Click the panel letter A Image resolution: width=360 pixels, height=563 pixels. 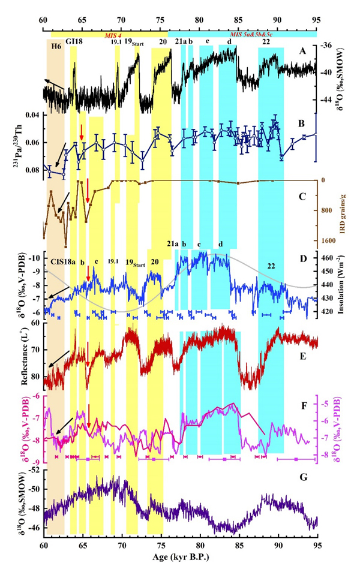point(304,53)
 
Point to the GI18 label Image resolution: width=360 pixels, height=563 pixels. point(74,43)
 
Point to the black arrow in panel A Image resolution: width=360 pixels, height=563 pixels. point(55,87)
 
